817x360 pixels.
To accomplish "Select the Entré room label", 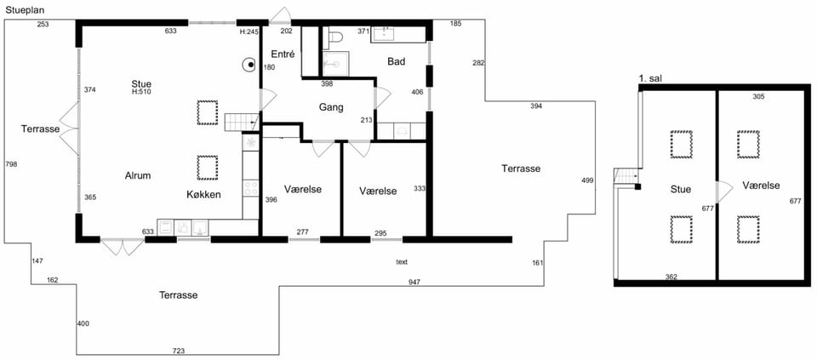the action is click(x=283, y=54).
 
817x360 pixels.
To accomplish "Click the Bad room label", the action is click(x=396, y=61).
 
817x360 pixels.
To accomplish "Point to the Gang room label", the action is click(x=331, y=108).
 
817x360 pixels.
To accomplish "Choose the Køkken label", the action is click(x=203, y=195).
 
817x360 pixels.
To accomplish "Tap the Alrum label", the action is click(x=138, y=175).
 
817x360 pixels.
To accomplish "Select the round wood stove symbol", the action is click(x=250, y=65).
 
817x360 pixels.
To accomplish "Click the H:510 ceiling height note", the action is click(x=141, y=92).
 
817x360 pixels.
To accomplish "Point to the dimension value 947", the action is click(x=414, y=282).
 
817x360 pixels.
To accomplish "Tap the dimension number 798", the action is click(x=11, y=164).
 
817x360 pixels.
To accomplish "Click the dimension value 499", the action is click(x=587, y=180).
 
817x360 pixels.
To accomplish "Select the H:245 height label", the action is click(x=249, y=31).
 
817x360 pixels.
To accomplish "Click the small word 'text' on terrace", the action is click(x=401, y=261).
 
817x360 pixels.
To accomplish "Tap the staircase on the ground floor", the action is click(x=242, y=123).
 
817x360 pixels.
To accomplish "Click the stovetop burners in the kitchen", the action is click(x=251, y=187).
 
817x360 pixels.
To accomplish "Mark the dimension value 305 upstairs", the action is click(x=759, y=96).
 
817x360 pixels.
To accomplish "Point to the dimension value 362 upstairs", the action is click(x=671, y=277).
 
